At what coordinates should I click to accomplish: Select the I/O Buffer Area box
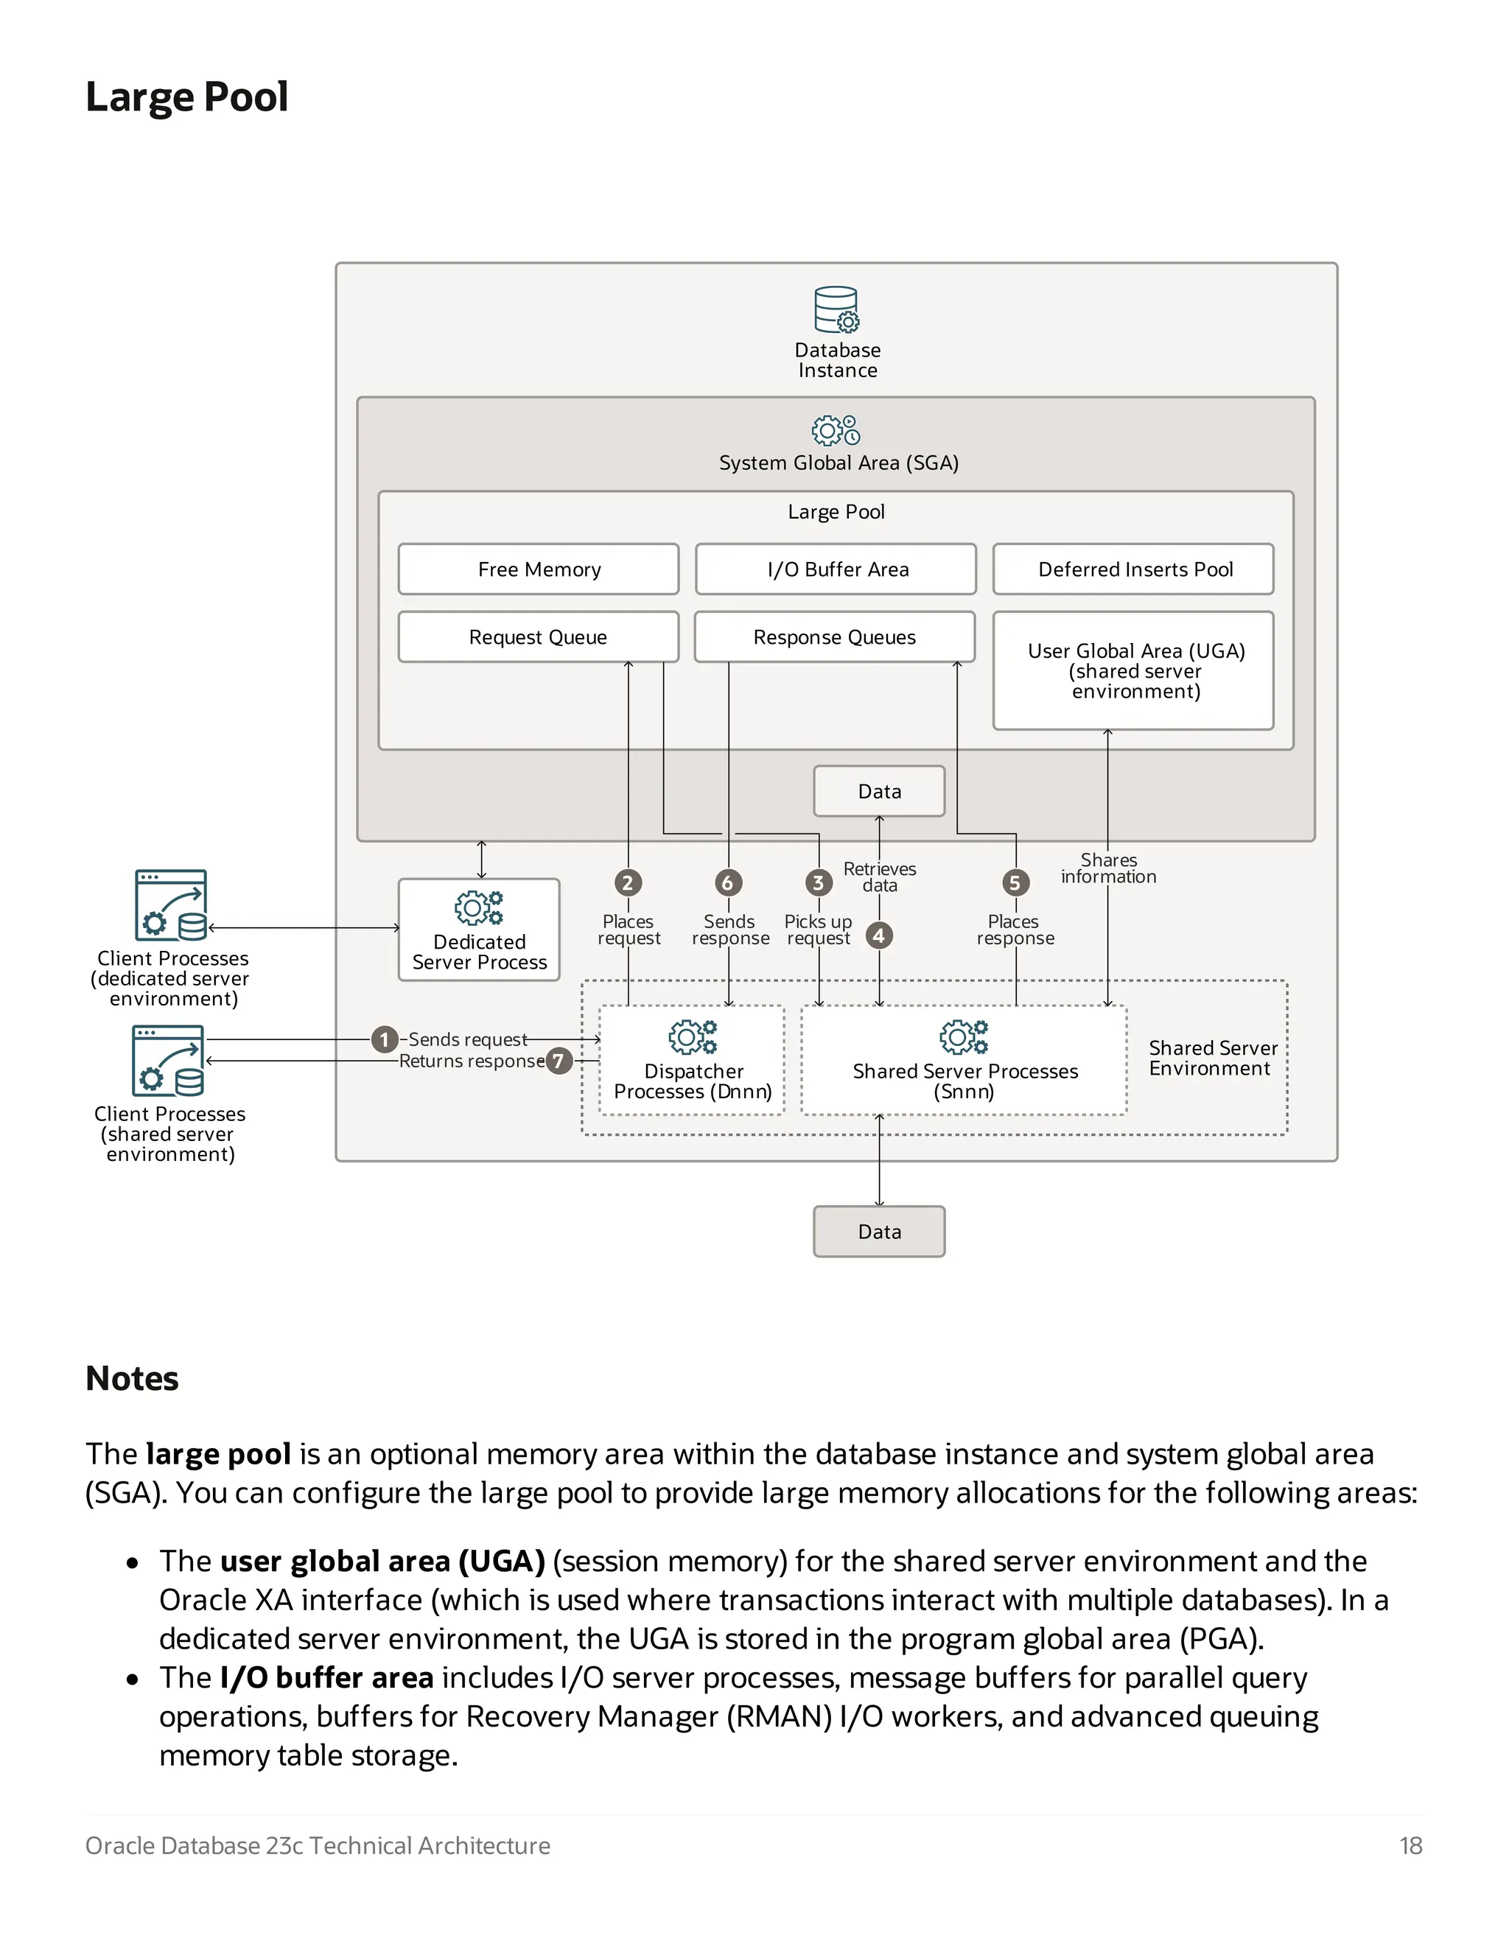[x=836, y=569]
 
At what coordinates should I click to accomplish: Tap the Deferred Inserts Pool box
[x=1133, y=569]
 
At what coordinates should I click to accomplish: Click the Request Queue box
[x=538, y=637]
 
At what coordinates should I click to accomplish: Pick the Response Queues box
[x=834, y=637]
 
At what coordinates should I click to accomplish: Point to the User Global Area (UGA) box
[x=1133, y=670]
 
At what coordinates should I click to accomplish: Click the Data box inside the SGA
[x=879, y=791]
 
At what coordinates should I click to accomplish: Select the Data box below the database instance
[x=879, y=1232]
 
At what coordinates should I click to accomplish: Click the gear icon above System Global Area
[x=836, y=430]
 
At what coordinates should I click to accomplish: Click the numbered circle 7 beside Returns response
[x=559, y=1061]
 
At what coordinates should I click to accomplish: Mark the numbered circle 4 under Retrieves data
[x=879, y=935]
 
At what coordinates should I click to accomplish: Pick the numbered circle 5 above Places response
[x=1015, y=883]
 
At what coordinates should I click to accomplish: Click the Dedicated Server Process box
[x=479, y=930]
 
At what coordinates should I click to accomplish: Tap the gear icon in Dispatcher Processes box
[x=693, y=1037]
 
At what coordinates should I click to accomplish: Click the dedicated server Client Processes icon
[x=171, y=905]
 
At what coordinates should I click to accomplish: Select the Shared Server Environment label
[x=1211, y=1058]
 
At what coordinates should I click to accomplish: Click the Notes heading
[x=133, y=1378]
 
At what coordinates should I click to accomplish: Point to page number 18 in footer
[x=1410, y=1846]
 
